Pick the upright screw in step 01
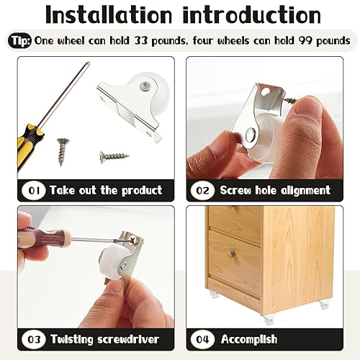click(x=63, y=151)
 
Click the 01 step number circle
click(x=33, y=190)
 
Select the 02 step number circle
click(x=202, y=190)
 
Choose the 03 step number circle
click(x=33, y=338)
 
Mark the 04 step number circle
click(x=202, y=338)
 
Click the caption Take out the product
click(x=105, y=190)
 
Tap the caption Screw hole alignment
click(x=274, y=190)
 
